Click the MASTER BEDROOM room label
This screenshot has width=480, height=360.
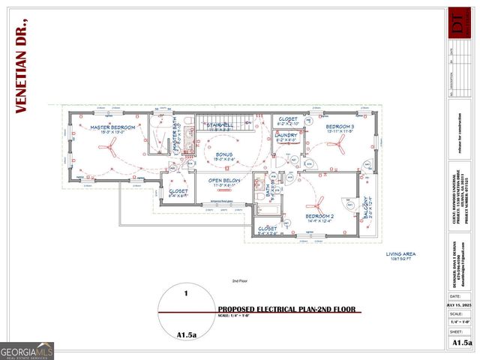[113, 128]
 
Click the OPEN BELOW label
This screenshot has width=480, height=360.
[224, 181]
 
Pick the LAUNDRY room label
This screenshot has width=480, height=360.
[286, 136]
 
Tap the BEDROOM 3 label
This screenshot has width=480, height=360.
[340, 127]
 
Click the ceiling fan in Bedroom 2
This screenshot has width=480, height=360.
[318, 201]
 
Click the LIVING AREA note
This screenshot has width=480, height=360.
[400, 255]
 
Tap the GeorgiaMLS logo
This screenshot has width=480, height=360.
[27, 350]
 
